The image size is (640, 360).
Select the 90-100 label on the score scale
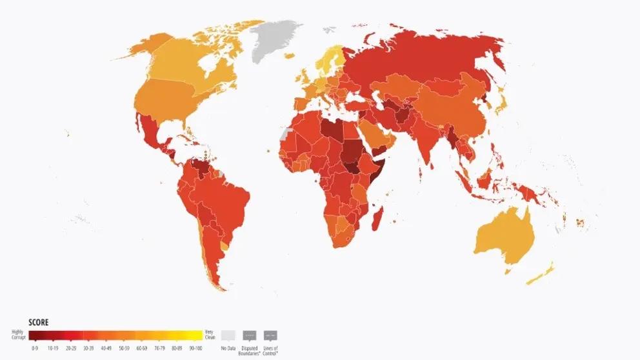(x=195, y=348)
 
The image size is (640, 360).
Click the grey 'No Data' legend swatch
(x=228, y=335)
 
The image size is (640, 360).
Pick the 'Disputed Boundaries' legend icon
(x=250, y=335)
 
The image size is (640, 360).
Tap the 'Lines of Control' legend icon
(x=270, y=335)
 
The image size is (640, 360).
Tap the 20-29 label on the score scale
(x=72, y=348)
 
